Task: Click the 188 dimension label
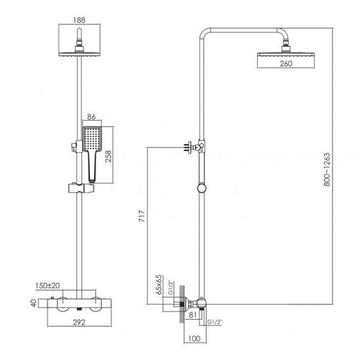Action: coord(79,20)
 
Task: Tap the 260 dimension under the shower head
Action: coord(286,63)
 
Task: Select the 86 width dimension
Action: coord(91,117)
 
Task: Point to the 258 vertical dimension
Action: coord(109,156)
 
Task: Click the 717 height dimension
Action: coord(142,216)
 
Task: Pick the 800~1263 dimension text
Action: coord(327,169)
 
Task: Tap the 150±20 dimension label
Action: coord(48,286)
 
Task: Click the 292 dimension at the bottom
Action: coord(79,323)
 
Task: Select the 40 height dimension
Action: coord(34,303)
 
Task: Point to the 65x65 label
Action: coord(159,284)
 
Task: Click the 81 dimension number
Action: coord(192,315)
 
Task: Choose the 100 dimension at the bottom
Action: coord(194,338)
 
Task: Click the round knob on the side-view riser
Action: coord(202,188)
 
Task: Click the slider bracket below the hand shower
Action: coord(81,188)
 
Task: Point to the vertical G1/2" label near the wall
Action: coord(171,287)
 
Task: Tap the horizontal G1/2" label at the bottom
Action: coord(215,322)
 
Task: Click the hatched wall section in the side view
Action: coord(182,305)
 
